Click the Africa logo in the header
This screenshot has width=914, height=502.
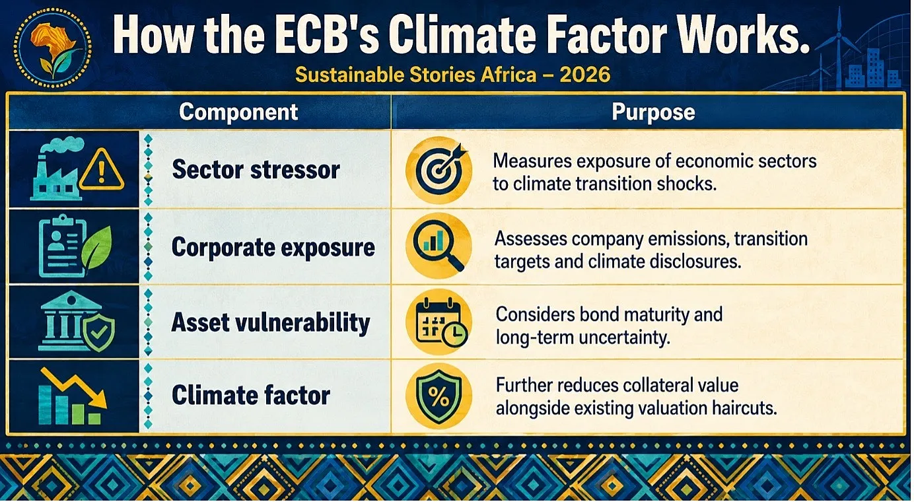(52, 48)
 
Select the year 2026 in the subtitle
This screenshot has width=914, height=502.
(584, 75)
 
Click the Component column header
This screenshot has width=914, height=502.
(238, 112)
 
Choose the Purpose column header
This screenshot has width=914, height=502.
(653, 112)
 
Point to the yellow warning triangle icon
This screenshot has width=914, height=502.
(101, 169)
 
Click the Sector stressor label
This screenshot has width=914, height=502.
(256, 169)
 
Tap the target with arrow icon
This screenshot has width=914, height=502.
(439, 170)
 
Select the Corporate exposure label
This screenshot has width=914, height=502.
(273, 248)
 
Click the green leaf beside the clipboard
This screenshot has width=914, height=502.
(96, 247)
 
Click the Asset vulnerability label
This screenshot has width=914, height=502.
(271, 323)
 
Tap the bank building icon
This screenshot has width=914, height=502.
(65, 321)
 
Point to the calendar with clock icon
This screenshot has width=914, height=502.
(440, 322)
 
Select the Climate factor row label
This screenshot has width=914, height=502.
(251, 396)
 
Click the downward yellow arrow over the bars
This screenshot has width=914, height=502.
(74, 386)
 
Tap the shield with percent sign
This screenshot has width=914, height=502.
(439, 397)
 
